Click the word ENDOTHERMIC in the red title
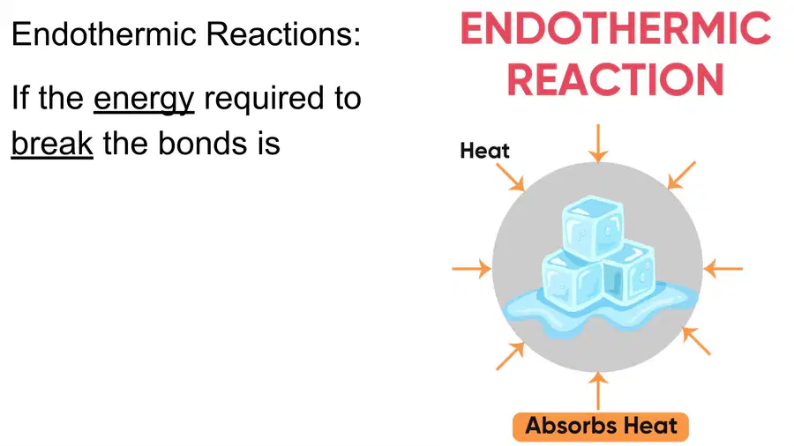[615, 28]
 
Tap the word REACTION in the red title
[615, 80]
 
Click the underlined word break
[52, 143]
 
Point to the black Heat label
[484, 151]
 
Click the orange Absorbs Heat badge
[601, 426]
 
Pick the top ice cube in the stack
[593, 227]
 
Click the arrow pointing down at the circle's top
[598, 143]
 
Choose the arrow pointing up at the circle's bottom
[598, 390]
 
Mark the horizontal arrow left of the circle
[471, 269]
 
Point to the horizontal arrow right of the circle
[723, 269]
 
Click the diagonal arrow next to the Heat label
[510, 177]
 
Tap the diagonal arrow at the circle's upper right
[681, 175]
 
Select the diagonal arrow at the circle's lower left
[510, 356]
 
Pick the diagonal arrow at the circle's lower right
[696, 341]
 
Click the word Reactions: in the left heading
[283, 34]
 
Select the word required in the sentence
[264, 99]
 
